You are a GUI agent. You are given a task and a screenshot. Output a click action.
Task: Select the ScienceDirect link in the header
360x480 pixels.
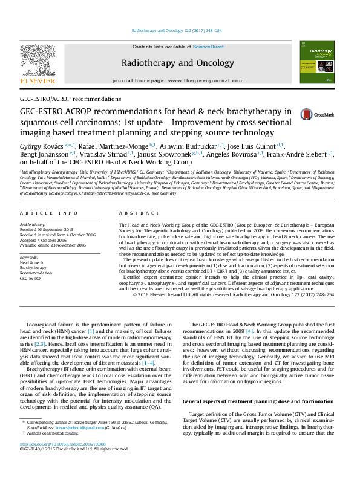click(208, 47)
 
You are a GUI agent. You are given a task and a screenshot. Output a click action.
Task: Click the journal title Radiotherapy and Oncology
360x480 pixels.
click(177, 63)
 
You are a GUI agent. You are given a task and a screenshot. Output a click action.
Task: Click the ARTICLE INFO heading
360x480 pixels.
click(49, 213)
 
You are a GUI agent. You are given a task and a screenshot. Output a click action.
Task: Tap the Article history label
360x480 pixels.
click(36, 224)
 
